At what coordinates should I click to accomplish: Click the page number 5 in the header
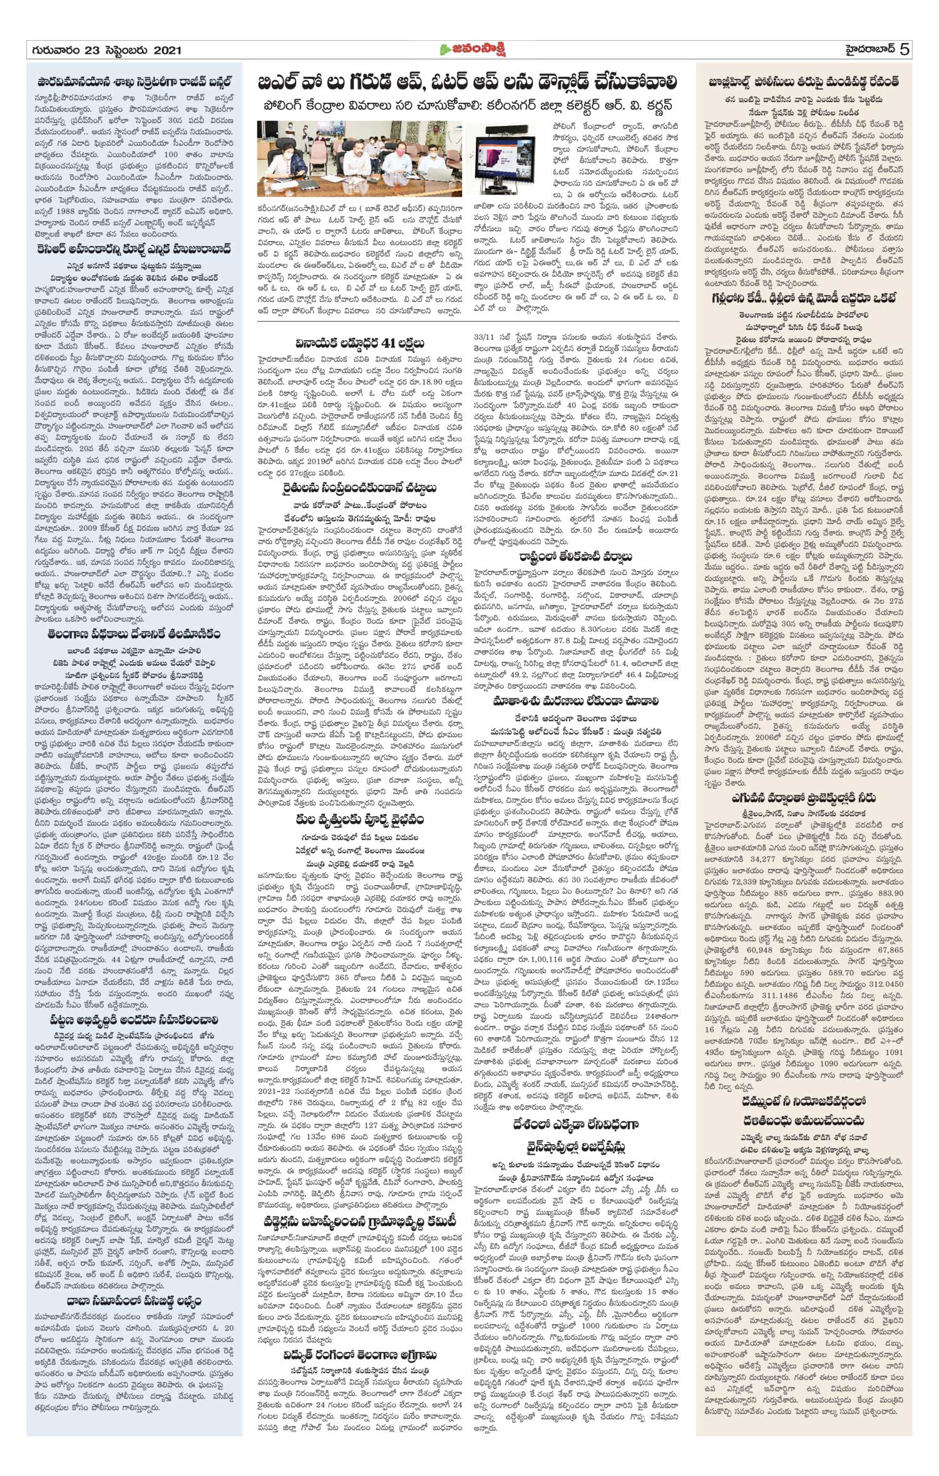(x=904, y=49)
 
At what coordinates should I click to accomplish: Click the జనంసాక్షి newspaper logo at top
(x=471, y=49)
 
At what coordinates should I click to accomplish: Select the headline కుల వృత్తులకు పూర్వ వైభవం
(x=359, y=819)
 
